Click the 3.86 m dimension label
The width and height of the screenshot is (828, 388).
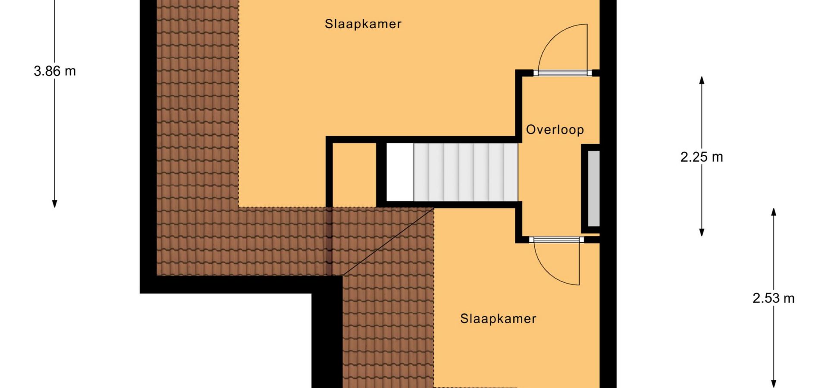(55, 71)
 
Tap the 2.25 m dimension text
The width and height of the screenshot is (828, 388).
(702, 157)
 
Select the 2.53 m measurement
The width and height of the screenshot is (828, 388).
(774, 298)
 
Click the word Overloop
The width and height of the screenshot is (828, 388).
(555, 129)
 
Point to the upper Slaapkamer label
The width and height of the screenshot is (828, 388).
(363, 24)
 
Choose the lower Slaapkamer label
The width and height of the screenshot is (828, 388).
(498, 319)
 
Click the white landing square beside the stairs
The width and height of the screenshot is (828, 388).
(400, 172)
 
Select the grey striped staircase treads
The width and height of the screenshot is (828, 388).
(466, 172)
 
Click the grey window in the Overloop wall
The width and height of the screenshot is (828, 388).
(594, 189)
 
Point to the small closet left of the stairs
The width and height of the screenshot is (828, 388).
(354, 175)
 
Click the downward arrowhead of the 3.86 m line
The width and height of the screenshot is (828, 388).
(54, 204)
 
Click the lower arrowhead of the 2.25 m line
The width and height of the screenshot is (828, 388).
(702, 232)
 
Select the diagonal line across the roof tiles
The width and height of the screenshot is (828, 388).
(388, 241)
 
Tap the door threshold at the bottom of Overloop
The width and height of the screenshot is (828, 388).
(556, 240)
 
